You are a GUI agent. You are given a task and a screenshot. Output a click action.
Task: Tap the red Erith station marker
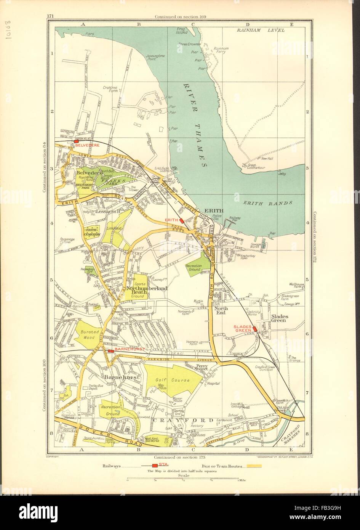[x=182, y=220]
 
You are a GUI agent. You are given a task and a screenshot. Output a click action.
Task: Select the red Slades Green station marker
[x=255, y=329]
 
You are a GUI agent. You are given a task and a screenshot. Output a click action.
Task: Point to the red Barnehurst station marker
[x=110, y=351]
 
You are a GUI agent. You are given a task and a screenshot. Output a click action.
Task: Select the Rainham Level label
[x=261, y=30]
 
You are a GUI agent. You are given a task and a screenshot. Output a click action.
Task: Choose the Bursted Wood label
[x=90, y=334]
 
